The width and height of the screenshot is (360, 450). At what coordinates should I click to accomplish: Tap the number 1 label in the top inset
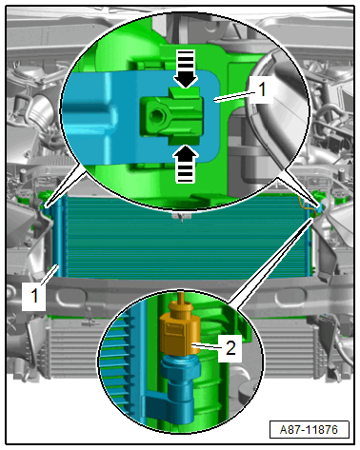(x=262, y=89)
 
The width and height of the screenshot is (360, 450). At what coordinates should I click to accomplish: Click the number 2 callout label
(x=230, y=347)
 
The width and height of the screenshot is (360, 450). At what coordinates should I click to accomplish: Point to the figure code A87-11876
(x=309, y=430)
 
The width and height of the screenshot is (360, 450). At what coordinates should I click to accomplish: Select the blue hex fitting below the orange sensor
(x=180, y=367)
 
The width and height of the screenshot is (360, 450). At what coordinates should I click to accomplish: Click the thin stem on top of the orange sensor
(x=181, y=297)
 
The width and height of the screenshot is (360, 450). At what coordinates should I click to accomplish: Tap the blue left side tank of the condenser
(x=58, y=238)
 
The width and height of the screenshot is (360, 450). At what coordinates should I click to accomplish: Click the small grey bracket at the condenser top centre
(x=182, y=216)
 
